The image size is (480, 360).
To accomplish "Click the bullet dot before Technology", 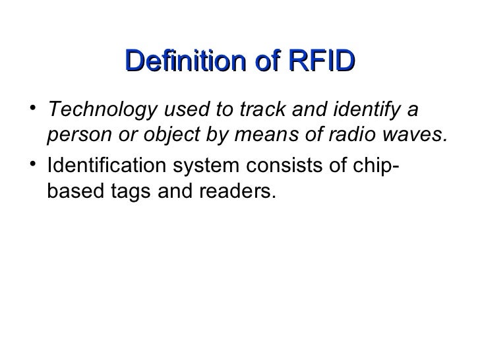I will point(34,107).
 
